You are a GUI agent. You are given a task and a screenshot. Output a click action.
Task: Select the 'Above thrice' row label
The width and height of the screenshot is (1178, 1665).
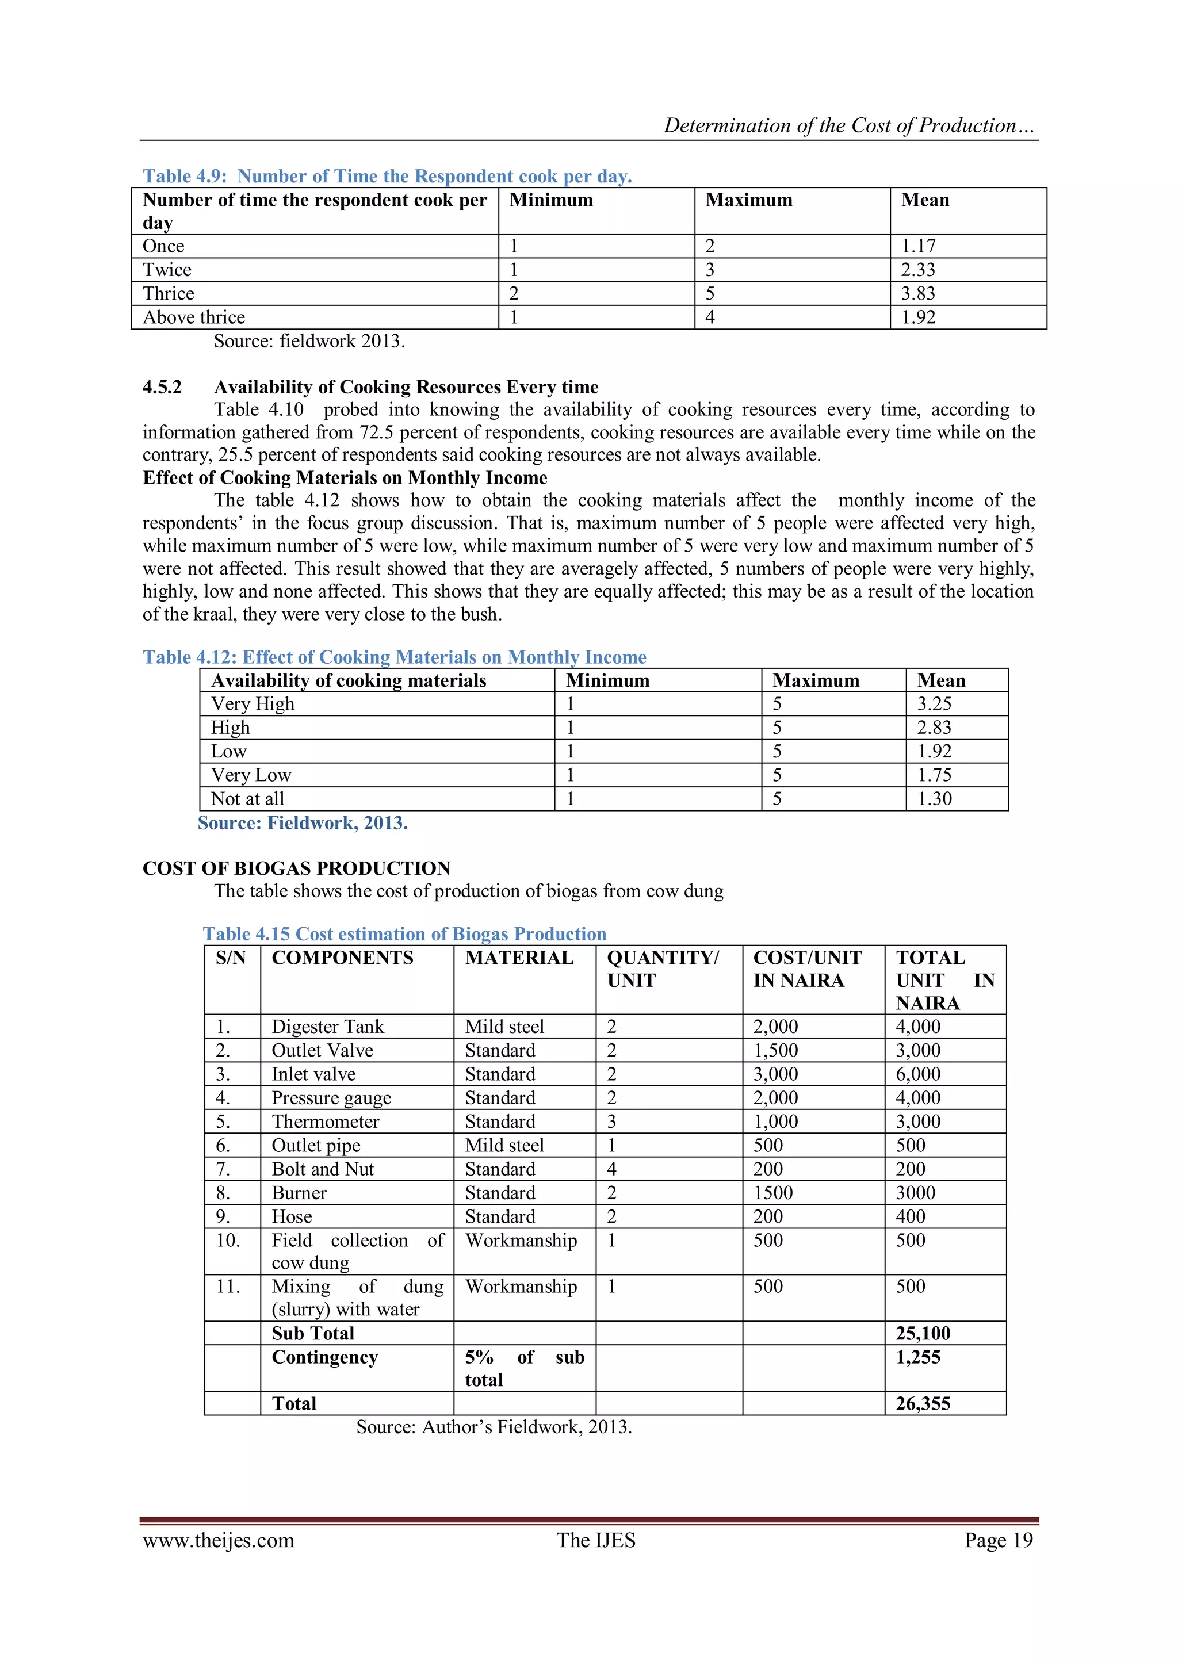click(x=194, y=317)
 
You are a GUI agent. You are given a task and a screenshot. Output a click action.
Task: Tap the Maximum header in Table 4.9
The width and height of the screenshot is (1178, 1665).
click(x=748, y=200)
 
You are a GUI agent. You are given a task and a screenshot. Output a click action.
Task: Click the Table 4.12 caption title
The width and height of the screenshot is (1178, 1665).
click(x=394, y=657)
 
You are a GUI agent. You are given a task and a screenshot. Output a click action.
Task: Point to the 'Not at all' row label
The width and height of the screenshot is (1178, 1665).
click(x=247, y=799)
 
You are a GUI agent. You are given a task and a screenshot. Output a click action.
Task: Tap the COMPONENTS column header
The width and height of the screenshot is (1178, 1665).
click(x=342, y=958)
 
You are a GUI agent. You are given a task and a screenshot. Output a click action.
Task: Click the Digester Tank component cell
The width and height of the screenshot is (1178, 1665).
click(x=328, y=1027)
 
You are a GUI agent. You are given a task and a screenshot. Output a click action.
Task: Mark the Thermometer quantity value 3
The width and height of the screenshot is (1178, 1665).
click(x=611, y=1122)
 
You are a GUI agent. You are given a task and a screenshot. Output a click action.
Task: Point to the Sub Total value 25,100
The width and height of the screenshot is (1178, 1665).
click(x=923, y=1334)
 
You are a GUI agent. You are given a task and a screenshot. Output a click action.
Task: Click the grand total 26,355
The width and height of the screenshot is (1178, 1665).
click(x=923, y=1404)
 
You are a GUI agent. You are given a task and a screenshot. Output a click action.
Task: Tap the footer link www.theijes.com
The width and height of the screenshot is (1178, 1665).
click(x=219, y=1540)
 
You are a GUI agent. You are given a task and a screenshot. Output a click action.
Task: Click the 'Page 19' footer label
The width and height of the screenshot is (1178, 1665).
click(x=998, y=1540)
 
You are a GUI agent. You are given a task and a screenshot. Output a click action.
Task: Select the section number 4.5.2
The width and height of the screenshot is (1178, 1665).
click(x=162, y=387)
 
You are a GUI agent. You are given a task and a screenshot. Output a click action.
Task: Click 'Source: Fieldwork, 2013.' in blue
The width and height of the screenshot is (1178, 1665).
click(x=303, y=823)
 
